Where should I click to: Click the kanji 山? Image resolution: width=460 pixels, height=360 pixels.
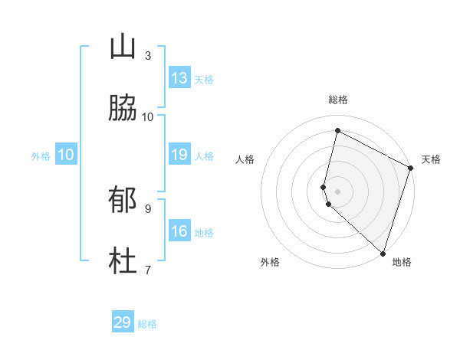pyautogui.click(x=123, y=48)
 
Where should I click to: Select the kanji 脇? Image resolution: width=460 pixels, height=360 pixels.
pyautogui.click(x=123, y=109)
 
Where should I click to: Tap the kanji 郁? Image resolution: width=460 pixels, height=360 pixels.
pyautogui.click(x=123, y=201)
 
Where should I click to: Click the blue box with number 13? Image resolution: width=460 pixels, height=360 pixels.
pyautogui.click(x=179, y=78)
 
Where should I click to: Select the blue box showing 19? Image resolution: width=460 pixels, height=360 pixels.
pyautogui.click(x=179, y=155)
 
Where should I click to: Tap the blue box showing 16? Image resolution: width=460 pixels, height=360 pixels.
pyautogui.click(x=179, y=231)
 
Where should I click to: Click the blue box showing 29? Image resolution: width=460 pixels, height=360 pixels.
pyautogui.click(x=123, y=322)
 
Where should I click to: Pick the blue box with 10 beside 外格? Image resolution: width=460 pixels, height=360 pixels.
pyautogui.click(x=66, y=155)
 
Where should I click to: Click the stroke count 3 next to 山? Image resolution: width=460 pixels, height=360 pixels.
pyautogui.click(x=148, y=56)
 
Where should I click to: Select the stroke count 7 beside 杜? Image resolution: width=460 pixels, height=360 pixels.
pyautogui.click(x=148, y=270)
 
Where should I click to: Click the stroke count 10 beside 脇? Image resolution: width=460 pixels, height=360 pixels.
pyautogui.click(x=148, y=116)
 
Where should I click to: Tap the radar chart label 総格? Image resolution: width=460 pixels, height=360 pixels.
pyautogui.click(x=338, y=100)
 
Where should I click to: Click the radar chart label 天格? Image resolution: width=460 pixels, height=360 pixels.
pyautogui.click(x=431, y=159)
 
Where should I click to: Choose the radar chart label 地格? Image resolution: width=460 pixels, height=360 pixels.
pyautogui.click(x=402, y=262)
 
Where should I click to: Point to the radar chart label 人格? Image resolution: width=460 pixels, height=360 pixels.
pyautogui.click(x=245, y=159)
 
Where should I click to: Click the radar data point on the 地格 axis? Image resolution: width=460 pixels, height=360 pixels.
pyautogui.click(x=382, y=253)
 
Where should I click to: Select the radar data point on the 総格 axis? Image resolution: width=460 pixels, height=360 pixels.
pyautogui.click(x=337, y=131)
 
